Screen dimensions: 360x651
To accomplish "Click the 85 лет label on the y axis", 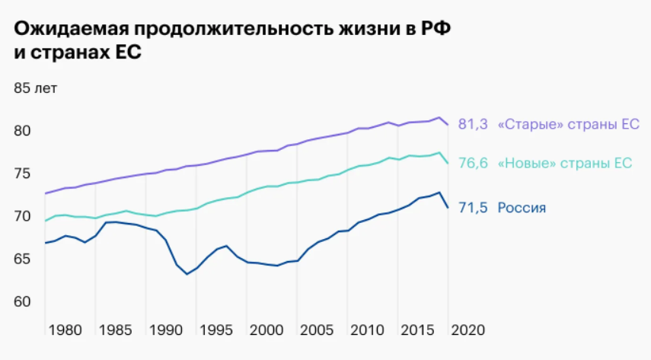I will click(x=36, y=88).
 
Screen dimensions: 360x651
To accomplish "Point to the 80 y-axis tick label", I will click(x=21, y=131).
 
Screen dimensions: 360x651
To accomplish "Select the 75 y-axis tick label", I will click(x=21, y=174).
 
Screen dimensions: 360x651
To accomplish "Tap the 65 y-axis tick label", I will click(x=21, y=259).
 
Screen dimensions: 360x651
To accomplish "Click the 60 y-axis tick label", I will click(x=21, y=301).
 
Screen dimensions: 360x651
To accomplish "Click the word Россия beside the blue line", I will click(x=522, y=208).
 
